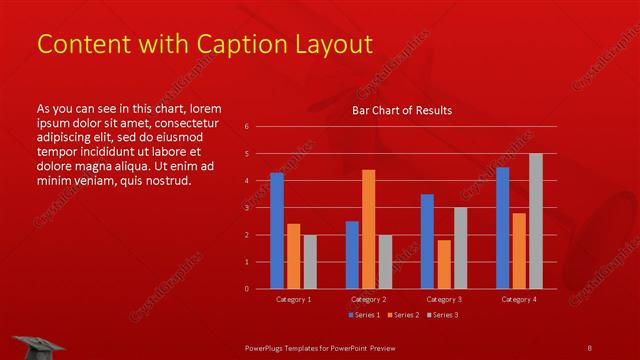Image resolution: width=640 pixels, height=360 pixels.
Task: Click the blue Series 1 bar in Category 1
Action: click(x=276, y=230)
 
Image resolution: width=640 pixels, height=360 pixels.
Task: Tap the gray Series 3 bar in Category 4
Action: click(x=535, y=221)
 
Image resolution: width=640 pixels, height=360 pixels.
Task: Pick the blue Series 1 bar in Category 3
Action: click(x=427, y=241)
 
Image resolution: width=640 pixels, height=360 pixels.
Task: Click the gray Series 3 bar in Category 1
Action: click(x=310, y=261)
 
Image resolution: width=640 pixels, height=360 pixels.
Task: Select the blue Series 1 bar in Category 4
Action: click(x=502, y=227)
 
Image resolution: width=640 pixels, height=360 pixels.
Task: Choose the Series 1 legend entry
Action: click(x=362, y=315)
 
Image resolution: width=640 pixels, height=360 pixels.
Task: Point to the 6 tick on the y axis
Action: click(x=246, y=127)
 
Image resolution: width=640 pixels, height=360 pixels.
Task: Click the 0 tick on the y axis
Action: click(x=246, y=289)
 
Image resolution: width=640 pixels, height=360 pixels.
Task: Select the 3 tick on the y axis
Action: click(x=246, y=208)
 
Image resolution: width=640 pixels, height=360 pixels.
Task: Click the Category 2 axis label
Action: click(x=368, y=299)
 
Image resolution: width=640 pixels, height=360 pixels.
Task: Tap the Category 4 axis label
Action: click(x=519, y=299)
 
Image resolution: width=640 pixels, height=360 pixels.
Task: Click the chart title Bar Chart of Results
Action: click(x=402, y=110)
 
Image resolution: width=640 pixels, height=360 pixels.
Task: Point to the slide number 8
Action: click(x=589, y=347)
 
